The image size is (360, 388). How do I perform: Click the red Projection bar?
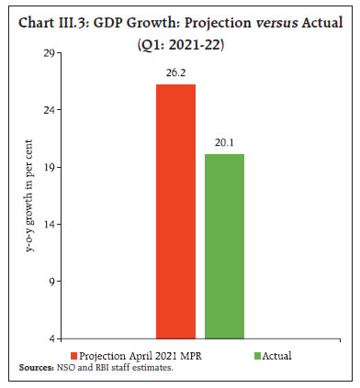[175, 211]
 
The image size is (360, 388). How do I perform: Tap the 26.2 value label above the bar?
[175, 74]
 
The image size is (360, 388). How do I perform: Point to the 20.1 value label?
[224, 144]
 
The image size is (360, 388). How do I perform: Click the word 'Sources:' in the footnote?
[37, 367]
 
